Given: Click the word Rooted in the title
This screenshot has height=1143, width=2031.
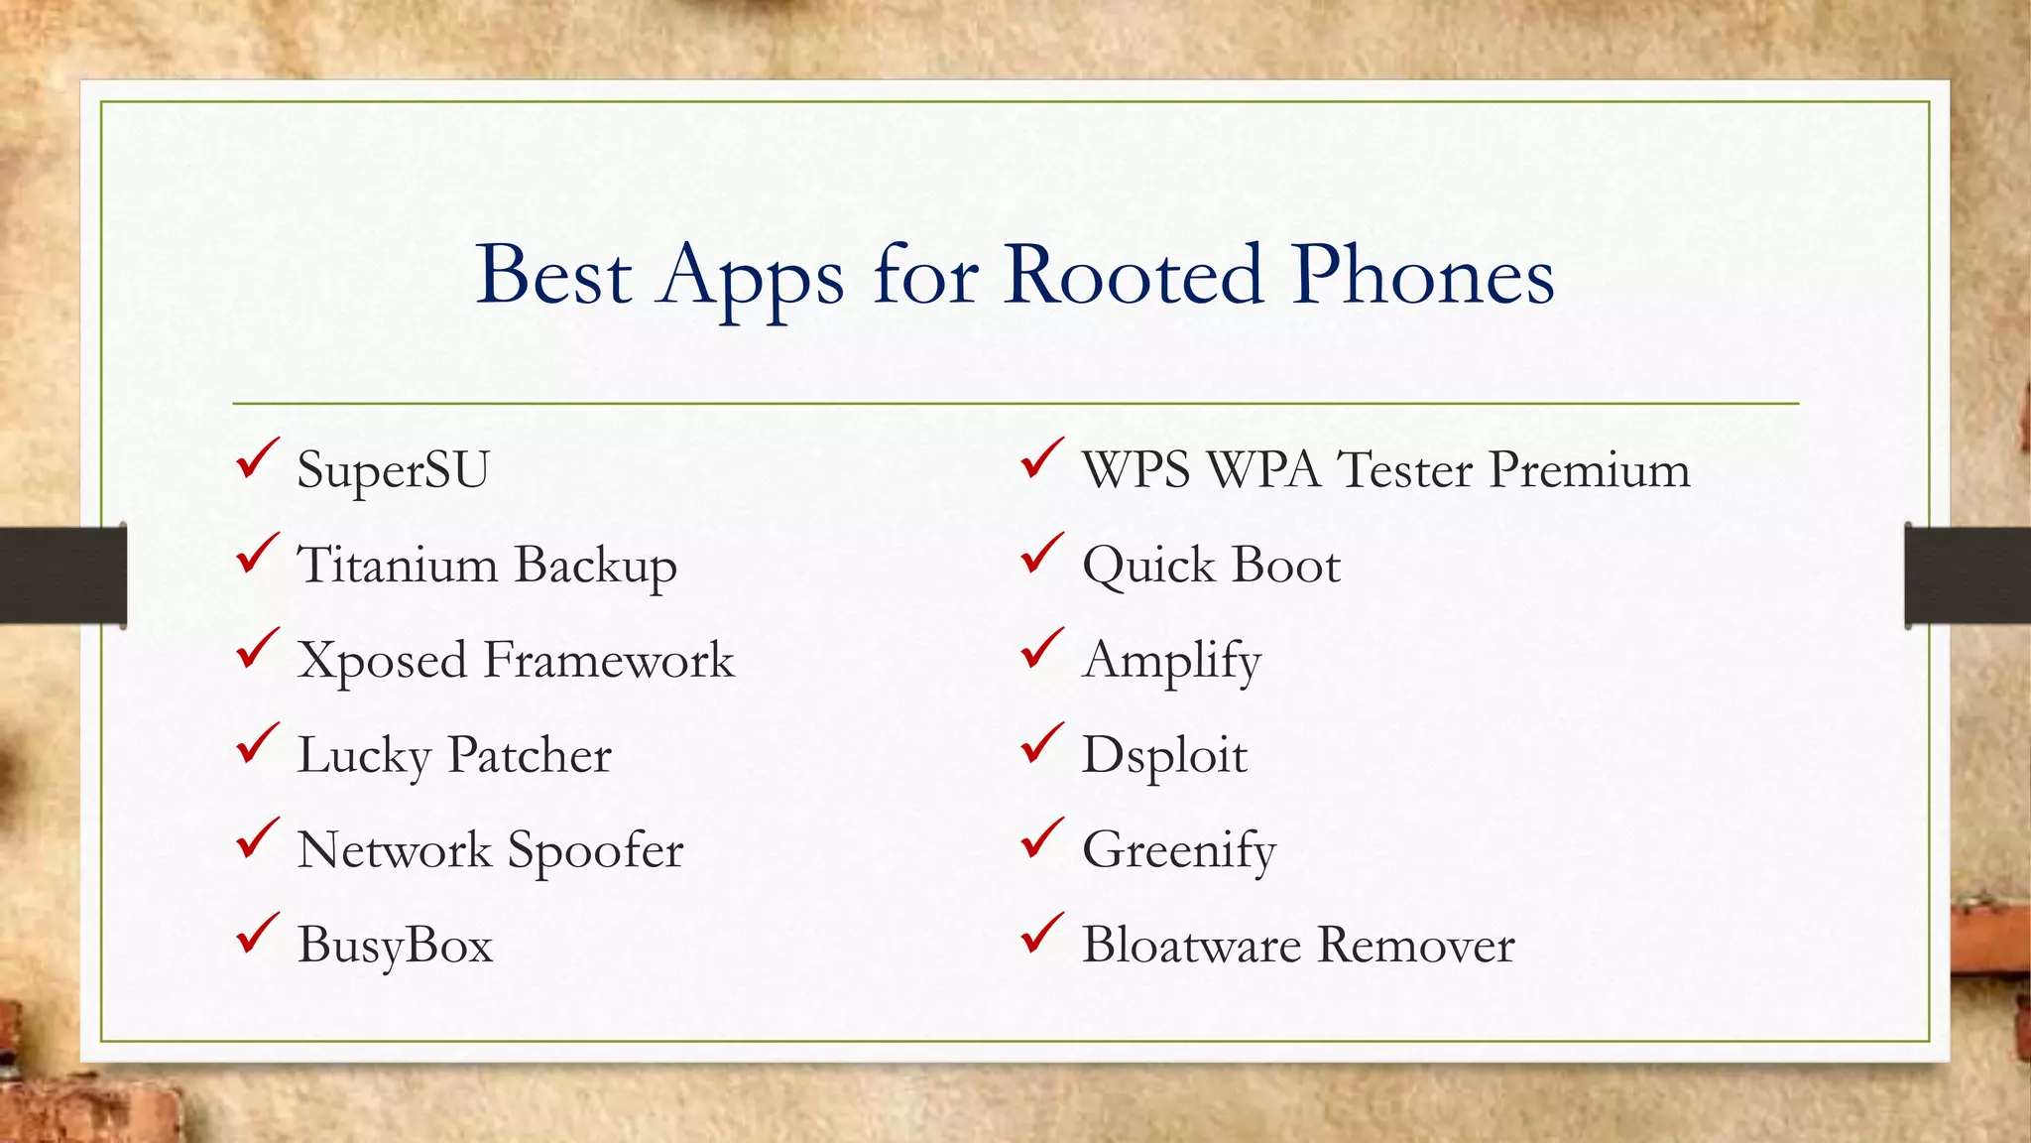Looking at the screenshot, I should tap(1134, 275).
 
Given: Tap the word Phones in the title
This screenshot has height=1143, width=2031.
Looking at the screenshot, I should tap(1423, 275).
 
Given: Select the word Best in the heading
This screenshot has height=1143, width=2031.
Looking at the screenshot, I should tap(553, 275).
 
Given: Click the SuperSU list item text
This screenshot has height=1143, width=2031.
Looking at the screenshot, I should tap(393, 469).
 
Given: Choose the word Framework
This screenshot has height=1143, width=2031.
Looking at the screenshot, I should tap(609, 660).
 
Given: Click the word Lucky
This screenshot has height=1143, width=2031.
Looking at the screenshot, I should tap(363, 755).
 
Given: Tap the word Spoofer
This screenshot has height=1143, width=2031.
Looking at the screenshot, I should tap(595, 850).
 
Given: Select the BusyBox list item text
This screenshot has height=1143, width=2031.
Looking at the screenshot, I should tap(395, 944).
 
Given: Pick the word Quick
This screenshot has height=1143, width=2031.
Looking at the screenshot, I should tap(1148, 566).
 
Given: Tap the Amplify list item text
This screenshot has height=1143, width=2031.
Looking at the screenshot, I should tap(1171, 661).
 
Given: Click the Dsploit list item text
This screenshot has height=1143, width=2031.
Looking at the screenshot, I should tap(1164, 755).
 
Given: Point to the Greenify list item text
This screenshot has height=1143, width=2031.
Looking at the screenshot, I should tap(1178, 850).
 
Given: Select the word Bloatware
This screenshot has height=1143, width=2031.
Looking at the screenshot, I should tap(1191, 944).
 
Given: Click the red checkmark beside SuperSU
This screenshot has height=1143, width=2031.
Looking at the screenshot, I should tap(256, 459).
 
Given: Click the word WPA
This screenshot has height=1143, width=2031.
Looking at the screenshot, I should tap(1263, 469).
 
